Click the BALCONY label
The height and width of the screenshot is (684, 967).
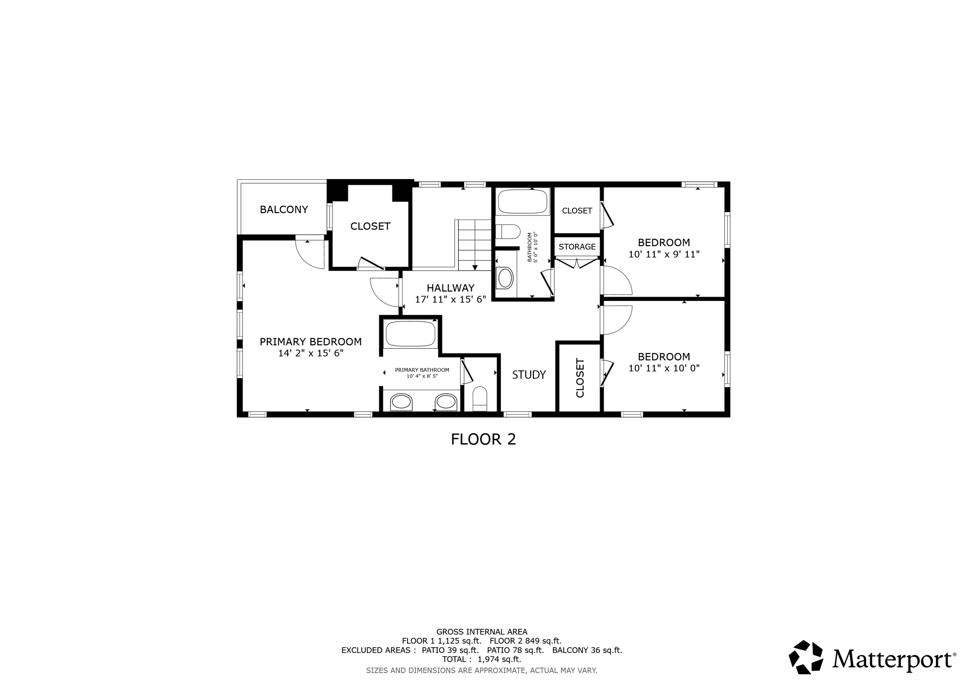point(284,209)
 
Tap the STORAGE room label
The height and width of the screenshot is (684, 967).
point(577,247)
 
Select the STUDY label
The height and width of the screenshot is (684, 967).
point(529,375)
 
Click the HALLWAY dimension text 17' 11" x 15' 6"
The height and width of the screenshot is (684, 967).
point(450,299)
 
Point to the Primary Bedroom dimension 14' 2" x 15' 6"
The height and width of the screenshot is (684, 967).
point(311,353)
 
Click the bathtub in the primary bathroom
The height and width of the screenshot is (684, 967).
point(410,333)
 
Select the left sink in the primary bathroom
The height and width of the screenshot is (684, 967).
point(401,402)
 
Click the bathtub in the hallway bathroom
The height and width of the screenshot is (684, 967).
point(522,202)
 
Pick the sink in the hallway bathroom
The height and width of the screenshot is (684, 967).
point(505,278)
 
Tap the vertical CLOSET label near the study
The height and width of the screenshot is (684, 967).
point(580,377)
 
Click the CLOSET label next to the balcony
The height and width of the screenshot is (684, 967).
point(370,226)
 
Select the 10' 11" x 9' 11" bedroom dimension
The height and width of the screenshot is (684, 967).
point(664,254)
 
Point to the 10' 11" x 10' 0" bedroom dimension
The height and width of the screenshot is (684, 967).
point(664,368)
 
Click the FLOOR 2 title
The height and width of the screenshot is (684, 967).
point(483,439)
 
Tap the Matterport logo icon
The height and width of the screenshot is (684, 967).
point(806,657)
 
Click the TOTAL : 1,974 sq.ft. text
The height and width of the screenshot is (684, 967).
point(481,659)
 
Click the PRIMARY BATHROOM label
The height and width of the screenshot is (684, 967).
point(422,370)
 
